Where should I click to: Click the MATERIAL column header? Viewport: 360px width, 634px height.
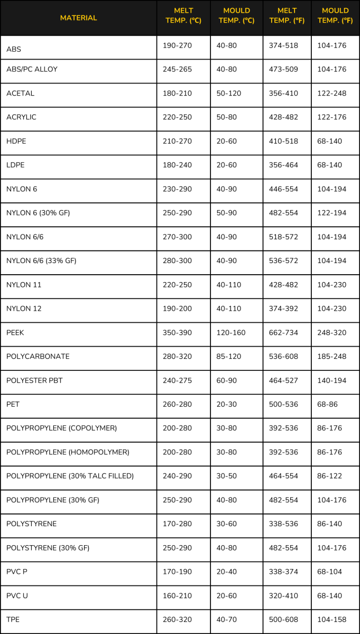tap(78, 18)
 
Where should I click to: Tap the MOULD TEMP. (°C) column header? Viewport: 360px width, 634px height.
tap(236, 16)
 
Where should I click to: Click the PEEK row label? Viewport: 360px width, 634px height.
tap(15, 333)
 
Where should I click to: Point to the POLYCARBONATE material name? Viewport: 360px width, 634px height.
tap(38, 357)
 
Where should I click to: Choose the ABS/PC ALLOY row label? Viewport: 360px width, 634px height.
tap(32, 69)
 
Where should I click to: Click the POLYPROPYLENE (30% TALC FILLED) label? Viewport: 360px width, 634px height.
tap(70, 476)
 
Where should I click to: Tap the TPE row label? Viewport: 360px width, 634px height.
tap(13, 620)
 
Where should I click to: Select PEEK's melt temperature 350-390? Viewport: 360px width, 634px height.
tap(177, 333)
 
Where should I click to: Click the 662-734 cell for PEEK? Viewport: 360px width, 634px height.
tap(283, 333)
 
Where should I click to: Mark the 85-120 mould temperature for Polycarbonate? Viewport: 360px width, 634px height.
tap(228, 357)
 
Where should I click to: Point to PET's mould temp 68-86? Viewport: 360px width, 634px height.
tap(327, 405)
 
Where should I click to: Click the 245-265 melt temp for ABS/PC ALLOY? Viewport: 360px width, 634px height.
tap(177, 69)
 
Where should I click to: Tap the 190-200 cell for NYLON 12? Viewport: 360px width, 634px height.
tap(177, 309)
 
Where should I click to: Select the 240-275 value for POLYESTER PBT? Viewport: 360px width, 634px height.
tap(177, 380)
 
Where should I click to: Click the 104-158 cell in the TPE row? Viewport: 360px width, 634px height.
tap(331, 620)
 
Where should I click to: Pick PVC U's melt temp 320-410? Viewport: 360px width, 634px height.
tap(283, 595)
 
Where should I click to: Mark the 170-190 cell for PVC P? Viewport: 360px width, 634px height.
tap(177, 572)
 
